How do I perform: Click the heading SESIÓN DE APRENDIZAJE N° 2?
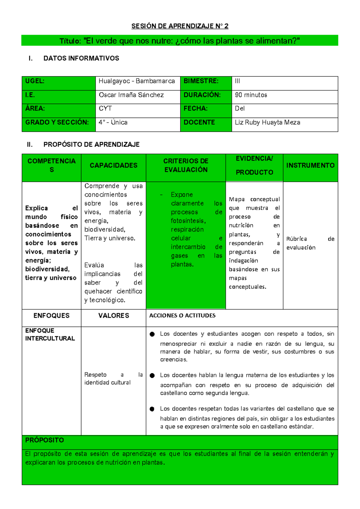(180, 26)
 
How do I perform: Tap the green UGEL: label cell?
(58, 83)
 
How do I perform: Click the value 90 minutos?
(251, 95)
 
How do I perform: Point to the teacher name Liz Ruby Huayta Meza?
(267, 122)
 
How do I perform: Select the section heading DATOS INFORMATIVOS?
(81, 58)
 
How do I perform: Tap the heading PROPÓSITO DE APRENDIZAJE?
(91, 145)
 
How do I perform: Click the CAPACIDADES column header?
(113, 165)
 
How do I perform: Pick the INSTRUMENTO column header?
(310, 165)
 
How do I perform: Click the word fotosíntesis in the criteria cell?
(188, 221)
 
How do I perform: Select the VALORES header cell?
(113, 316)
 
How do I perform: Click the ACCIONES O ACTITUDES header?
(182, 315)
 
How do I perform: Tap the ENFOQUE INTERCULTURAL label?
(50, 334)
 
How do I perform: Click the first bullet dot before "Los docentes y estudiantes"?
(152, 334)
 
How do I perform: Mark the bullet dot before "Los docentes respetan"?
(152, 409)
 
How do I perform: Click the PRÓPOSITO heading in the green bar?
(44, 440)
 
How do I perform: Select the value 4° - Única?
(113, 122)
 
